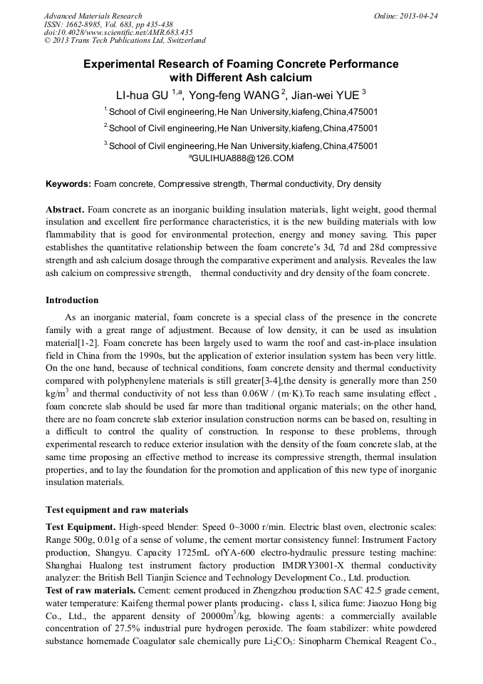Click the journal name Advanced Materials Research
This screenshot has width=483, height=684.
[x=93, y=16]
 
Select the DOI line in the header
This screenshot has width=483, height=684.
[x=118, y=33]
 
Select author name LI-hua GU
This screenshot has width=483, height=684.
[x=143, y=94]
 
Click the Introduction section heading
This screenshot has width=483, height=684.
[x=72, y=300]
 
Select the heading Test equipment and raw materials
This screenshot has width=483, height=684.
[x=117, y=510]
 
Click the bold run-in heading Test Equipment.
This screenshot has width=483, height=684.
[x=80, y=527]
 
